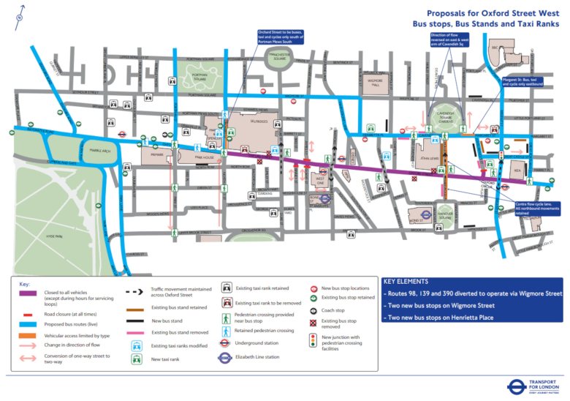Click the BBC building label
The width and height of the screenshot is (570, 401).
[x=495, y=48]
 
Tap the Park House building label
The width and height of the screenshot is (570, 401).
[x=192, y=157]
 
